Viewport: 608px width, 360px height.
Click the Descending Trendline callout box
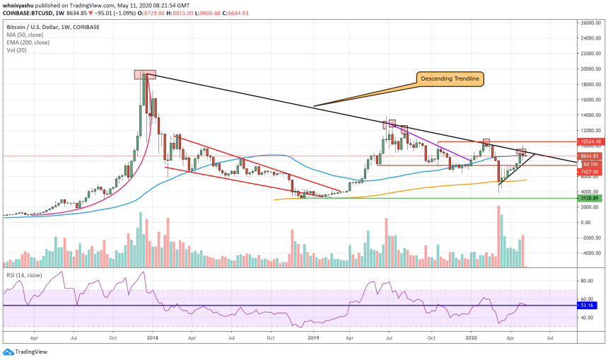(449, 79)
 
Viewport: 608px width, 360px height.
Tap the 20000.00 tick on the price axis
(591, 69)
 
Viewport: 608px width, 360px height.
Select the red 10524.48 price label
(591, 142)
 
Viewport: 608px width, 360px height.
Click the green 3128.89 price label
(591, 199)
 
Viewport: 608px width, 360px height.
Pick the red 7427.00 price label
(591, 171)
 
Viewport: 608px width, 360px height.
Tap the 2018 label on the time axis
(152, 339)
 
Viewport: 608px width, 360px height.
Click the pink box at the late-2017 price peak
(144, 74)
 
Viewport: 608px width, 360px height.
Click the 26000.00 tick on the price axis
(591, 23)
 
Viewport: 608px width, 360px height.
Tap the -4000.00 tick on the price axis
(591, 252)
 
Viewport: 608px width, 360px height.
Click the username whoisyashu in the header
(20, 4)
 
